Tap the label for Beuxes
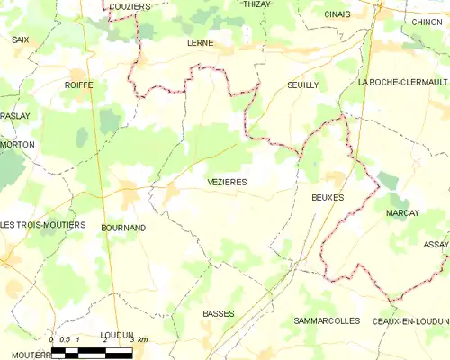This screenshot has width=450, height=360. pyautogui.click(x=328, y=196)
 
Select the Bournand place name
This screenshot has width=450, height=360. pyautogui.click(x=123, y=228)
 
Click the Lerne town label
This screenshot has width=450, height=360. pyautogui.click(x=201, y=42)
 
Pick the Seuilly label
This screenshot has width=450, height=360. pyautogui.click(x=302, y=84)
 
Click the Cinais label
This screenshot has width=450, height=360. pyautogui.click(x=338, y=15)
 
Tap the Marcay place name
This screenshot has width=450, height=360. pyautogui.click(x=402, y=212)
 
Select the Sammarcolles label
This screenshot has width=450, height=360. pyautogui.click(x=327, y=320)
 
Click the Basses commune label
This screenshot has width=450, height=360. pyautogui.click(x=219, y=313)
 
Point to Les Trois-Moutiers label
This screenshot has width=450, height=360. pyautogui.click(x=42, y=224)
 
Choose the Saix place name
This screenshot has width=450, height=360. pyautogui.click(x=20, y=40)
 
